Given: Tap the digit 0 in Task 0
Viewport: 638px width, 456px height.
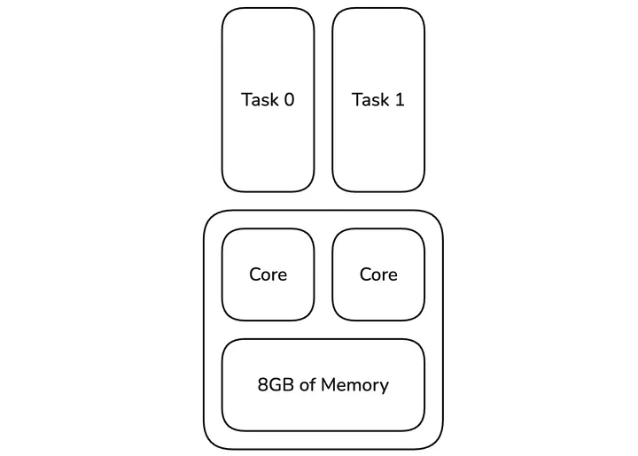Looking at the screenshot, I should (x=289, y=100).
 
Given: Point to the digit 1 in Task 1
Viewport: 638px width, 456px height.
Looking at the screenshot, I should (x=400, y=100).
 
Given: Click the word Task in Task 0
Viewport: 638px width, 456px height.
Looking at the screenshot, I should (x=259, y=100).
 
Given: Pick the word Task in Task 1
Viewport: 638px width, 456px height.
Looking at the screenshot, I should (x=370, y=100).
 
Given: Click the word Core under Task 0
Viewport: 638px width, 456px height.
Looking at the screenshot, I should (x=268, y=274).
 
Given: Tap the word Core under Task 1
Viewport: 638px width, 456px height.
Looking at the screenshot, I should (x=378, y=274).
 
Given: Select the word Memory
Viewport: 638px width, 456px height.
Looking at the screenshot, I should (x=355, y=385).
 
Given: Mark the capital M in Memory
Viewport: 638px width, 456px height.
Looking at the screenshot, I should (x=329, y=385).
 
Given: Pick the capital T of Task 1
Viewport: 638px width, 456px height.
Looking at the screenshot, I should (x=357, y=100).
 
